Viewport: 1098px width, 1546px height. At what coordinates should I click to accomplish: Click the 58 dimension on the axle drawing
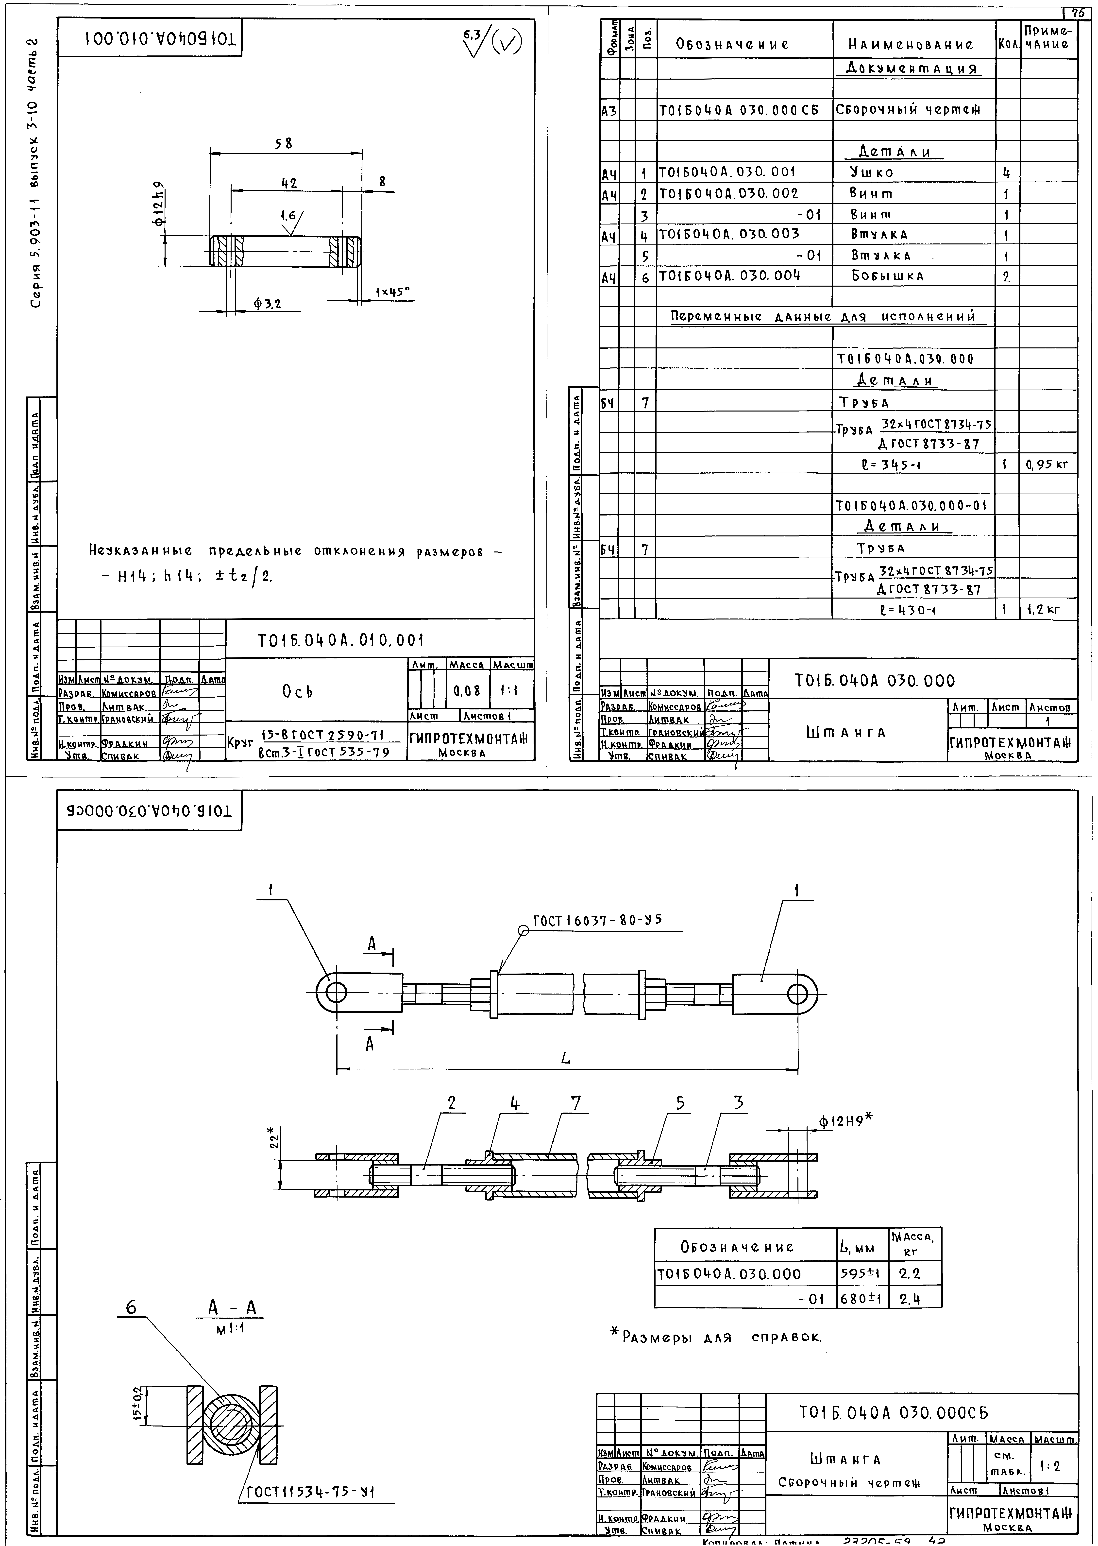click(284, 143)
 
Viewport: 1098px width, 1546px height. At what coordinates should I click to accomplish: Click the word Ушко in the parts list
click(872, 172)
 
